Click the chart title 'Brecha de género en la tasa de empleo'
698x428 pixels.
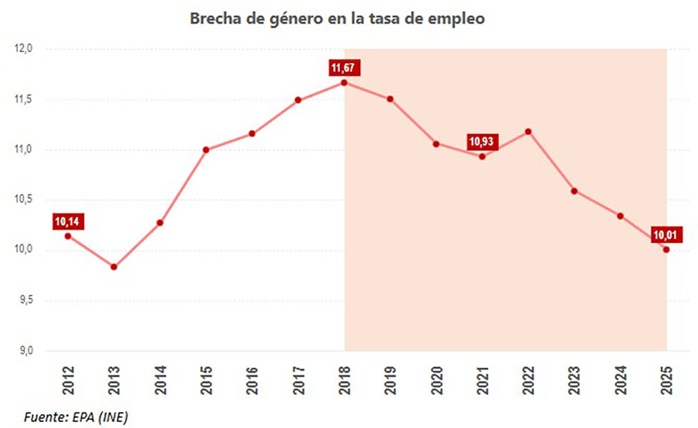tap(337, 19)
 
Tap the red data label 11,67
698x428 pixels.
tap(344, 67)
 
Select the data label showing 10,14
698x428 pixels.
tap(68, 222)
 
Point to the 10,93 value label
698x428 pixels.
tap(482, 142)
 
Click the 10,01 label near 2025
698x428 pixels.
tap(667, 234)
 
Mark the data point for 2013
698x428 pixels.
tap(114, 267)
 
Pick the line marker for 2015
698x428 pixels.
tap(206, 150)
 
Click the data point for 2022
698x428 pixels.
tap(528, 132)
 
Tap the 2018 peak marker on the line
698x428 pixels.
tap(344, 83)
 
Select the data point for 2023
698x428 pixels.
tap(574, 191)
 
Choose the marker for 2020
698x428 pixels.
tap(436, 144)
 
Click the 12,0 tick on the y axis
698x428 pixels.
tap(23, 49)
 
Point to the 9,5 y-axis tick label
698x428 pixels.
tap(26, 300)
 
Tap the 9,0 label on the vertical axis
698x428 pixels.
tap(26, 351)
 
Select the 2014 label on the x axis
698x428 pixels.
tap(161, 380)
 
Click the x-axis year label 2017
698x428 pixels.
tap(299, 380)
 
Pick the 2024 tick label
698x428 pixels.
tap(621, 380)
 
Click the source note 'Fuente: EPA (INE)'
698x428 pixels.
tap(76, 417)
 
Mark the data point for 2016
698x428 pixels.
tap(252, 134)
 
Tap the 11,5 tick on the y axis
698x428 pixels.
tap(23, 99)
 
